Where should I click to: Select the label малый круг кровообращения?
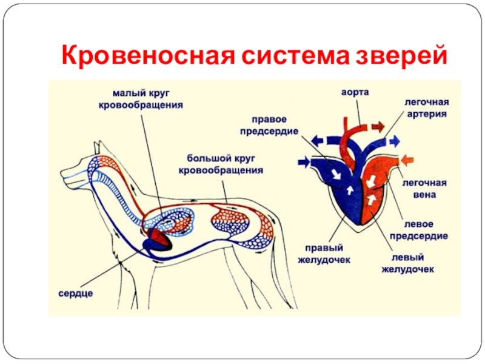[141, 99]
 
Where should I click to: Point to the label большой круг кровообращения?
[221, 164]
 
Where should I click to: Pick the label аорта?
[355, 92]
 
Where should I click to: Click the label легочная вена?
[425, 189]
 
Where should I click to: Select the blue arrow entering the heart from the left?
[304, 162]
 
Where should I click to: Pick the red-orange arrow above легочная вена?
[407, 160]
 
